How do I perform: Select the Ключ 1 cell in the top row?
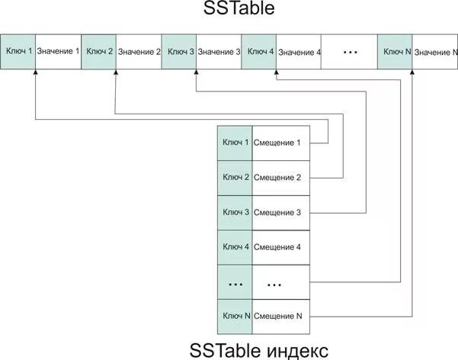[18, 52]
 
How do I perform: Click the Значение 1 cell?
[58, 52]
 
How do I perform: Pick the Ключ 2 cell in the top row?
[99, 52]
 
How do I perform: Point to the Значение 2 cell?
[139, 52]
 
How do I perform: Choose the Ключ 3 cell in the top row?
[180, 52]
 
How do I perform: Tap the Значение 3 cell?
[219, 52]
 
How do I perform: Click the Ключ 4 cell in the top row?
[260, 52]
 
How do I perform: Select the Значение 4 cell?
[299, 52]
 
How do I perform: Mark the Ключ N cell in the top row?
[396, 52]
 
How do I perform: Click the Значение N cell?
[435, 52]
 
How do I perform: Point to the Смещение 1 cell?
[280, 143]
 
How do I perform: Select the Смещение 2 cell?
[280, 178]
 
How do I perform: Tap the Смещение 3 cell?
[280, 212]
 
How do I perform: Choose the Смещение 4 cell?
[280, 247]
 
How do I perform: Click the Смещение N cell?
[280, 316]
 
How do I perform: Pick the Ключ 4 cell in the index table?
[235, 247]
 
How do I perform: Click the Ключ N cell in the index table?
[235, 316]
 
